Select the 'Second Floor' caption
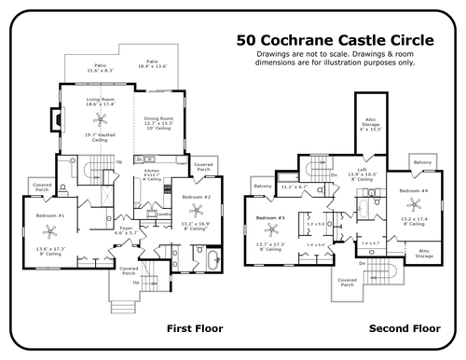404,328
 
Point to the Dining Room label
159,121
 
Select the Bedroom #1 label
49,215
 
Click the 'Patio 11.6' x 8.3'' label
92,67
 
